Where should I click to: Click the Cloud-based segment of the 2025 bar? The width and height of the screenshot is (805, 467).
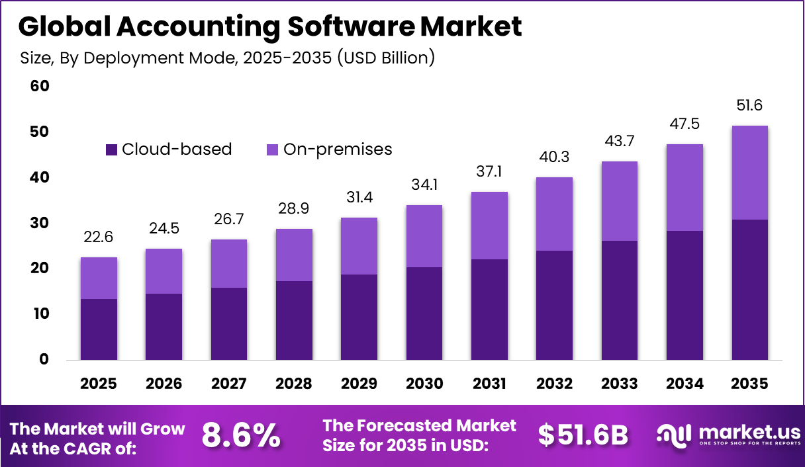point(99,329)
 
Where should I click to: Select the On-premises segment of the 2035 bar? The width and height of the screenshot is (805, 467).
point(750,173)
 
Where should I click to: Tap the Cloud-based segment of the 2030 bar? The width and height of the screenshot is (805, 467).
point(424,314)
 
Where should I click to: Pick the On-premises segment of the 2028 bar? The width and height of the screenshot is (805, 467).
point(294,255)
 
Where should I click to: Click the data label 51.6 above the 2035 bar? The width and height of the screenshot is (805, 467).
point(750,106)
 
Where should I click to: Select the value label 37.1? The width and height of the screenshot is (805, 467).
point(489,172)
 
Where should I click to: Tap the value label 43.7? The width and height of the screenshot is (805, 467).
point(620,142)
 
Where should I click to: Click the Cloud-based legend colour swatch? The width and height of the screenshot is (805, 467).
point(111,150)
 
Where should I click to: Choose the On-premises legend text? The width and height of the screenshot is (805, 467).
point(338,149)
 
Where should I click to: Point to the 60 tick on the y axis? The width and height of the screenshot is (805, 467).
point(40,87)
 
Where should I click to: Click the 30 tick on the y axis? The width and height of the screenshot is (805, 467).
point(40,223)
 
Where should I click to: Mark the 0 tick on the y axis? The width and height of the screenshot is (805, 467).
point(44,360)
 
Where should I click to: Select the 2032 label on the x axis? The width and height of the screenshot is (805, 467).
point(554,384)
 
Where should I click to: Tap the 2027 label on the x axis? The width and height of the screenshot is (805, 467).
point(229,384)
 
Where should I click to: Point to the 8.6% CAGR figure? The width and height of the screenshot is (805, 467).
point(241,436)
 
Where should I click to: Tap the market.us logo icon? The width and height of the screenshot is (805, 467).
point(673,435)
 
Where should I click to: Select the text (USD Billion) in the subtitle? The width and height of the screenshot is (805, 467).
point(386,58)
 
